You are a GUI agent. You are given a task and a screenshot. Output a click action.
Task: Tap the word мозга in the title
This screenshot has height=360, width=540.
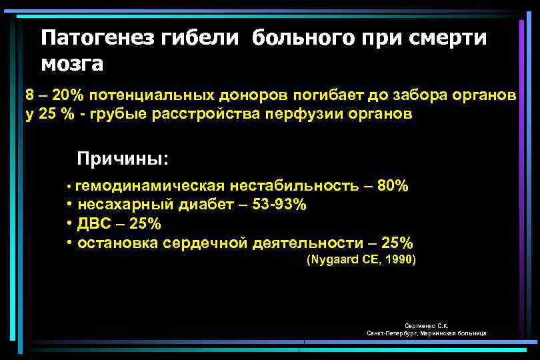click(72, 64)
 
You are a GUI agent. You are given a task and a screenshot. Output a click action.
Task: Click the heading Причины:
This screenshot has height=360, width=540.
click(123, 159)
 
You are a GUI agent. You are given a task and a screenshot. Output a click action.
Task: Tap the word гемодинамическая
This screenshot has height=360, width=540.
click(151, 185)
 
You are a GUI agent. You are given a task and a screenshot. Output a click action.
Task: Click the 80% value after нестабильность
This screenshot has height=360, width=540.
click(393, 185)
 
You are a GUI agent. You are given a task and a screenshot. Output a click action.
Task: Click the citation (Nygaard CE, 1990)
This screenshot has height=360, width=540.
click(360, 260)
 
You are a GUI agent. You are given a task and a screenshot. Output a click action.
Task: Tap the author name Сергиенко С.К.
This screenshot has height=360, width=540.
click(427, 325)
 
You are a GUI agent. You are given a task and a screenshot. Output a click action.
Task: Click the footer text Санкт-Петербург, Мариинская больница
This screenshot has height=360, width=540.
click(427, 333)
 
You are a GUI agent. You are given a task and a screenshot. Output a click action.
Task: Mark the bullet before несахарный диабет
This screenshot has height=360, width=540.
click(69, 204)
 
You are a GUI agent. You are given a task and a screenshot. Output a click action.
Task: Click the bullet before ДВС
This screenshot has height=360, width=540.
click(69, 223)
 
